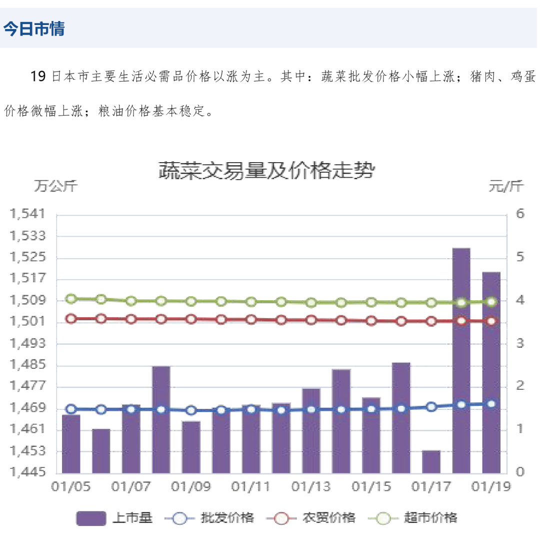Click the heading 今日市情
point(34,29)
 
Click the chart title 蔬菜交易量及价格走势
point(266,171)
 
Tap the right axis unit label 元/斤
point(506,187)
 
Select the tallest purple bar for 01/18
point(461,360)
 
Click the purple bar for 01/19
point(491,373)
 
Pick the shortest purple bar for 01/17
point(431,461)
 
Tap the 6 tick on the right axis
point(520,214)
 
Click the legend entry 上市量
point(114,518)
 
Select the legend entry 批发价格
point(210,518)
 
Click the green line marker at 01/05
point(71,299)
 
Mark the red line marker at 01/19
point(491,321)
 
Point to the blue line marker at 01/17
point(431,407)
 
